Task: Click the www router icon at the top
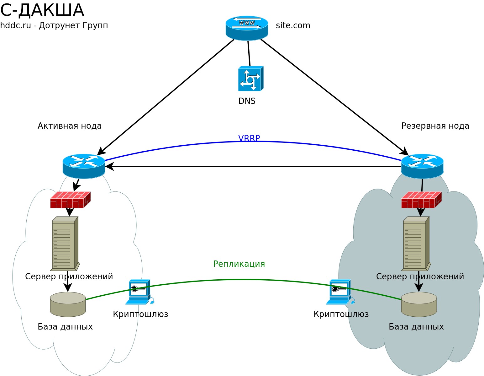[x=247, y=28]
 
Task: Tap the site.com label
[x=293, y=25]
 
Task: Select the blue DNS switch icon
[x=250, y=78]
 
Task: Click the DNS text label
[x=247, y=101]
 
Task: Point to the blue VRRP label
[x=249, y=138]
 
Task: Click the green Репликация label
[x=239, y=264]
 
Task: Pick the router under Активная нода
[x=84, y=166]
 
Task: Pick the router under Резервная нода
[x=422, y=166]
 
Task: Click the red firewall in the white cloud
[x=70, y=200]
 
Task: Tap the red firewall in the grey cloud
[x=421, y=200]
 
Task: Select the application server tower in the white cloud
[x=65, y=244]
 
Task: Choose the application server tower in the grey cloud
[x=416, y=244]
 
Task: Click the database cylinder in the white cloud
[x=68, y=304]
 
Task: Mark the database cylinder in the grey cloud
[x=419, y=304]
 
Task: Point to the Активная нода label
[x=70, y=126]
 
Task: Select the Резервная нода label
[x=435, y=126]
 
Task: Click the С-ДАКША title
[x=42, y=10]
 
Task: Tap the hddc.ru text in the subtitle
[x=15, y=25]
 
